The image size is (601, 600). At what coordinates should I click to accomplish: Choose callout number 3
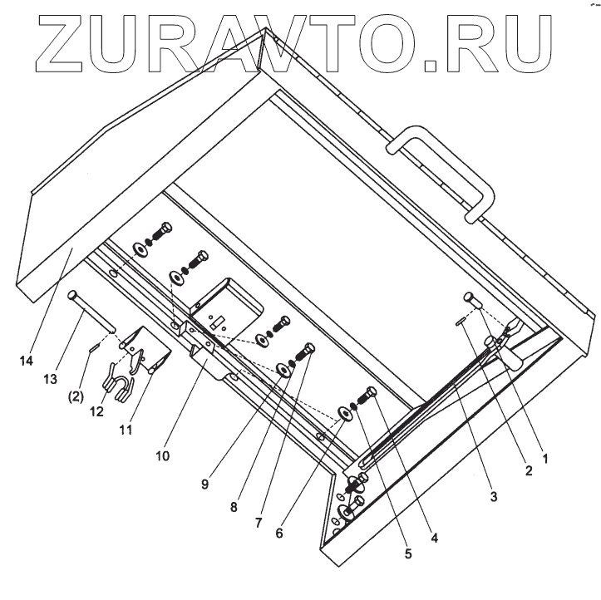493,498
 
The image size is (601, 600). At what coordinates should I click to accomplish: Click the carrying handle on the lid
444,170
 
